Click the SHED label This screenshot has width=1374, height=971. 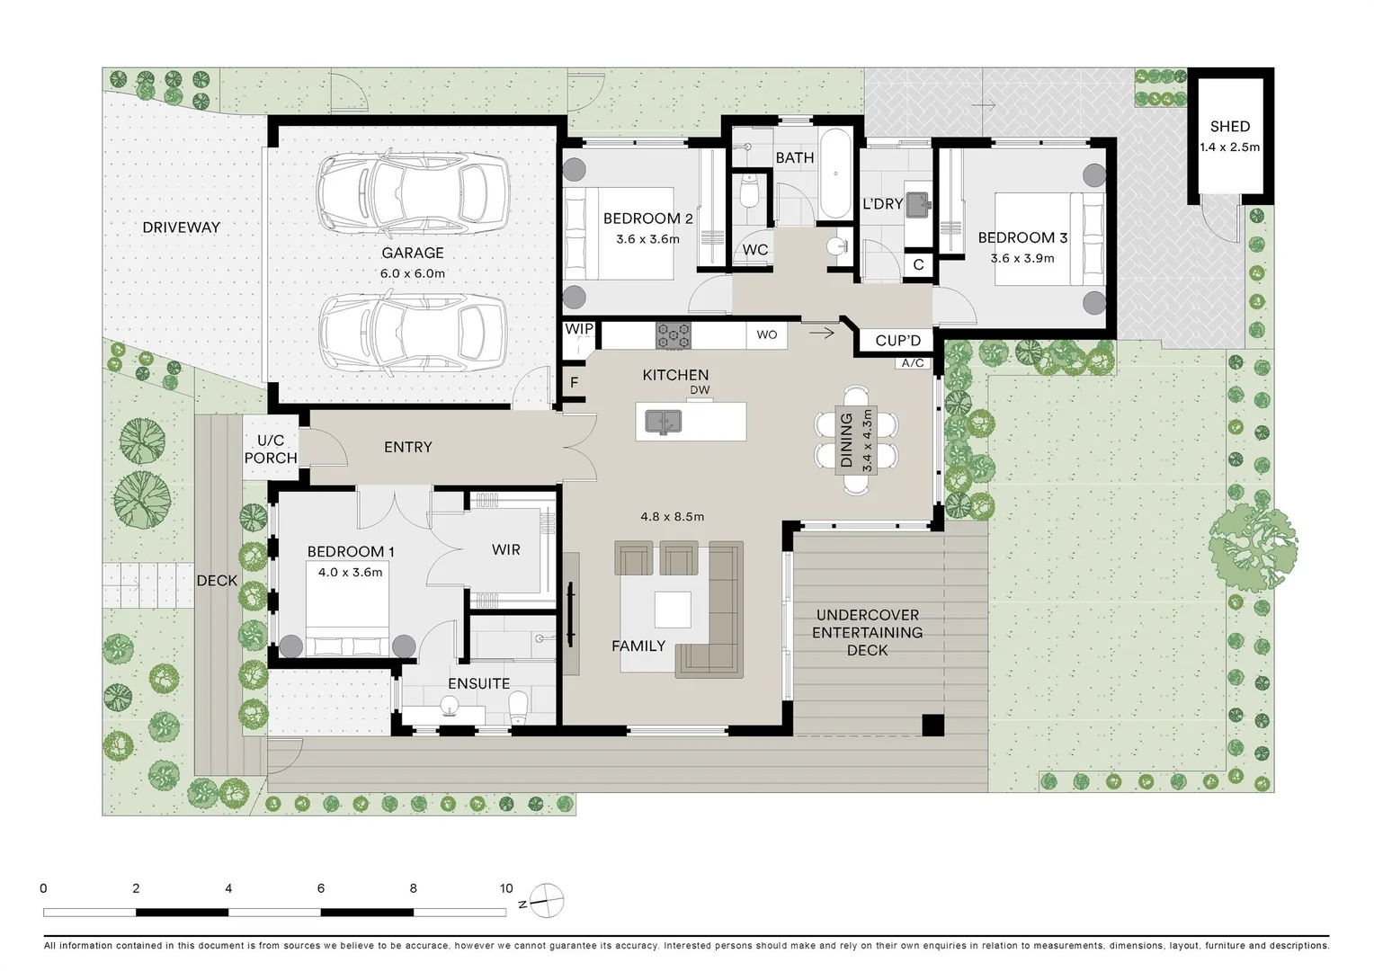click(1230, 127)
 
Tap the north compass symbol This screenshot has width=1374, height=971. click(545, 901)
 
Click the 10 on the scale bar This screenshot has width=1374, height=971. click(506, 888)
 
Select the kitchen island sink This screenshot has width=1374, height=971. click(663, 422)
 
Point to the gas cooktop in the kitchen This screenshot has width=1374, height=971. click(674, 335)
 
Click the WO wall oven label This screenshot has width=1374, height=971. click(767, 335)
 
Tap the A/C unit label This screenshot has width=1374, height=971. click(913, 363)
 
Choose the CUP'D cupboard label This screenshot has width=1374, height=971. click(898, 341)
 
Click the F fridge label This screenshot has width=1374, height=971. click(574, 383)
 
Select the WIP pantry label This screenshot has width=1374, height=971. click(579, 329)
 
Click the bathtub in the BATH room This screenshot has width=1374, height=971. click(835, 174)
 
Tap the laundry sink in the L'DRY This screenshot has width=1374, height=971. click(918, 204)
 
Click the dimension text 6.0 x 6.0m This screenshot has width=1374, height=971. click(413, 273)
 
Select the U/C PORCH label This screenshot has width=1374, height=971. click(271, 449)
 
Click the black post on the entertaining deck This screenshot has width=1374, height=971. click(933, 725)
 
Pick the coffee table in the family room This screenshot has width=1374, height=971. click(673, 609)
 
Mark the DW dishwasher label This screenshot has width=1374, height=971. click(700, 390)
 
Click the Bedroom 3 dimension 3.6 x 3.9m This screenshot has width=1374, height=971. click(1022, 258)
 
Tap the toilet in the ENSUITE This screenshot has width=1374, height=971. click(518, 708)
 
